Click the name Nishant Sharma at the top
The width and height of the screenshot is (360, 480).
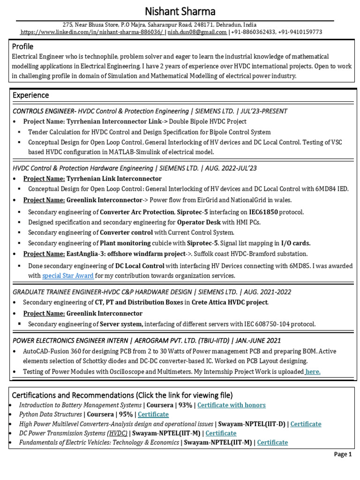(x=180, y=11)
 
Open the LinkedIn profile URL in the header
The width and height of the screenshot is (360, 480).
(x=91, y=32)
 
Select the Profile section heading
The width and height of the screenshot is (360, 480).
(x=22, y=46)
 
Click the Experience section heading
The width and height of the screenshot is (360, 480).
(x=30, y=95)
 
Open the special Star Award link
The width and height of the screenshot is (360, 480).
(x=68, y=276)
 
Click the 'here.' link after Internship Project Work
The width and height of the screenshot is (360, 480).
(x=313, y=372)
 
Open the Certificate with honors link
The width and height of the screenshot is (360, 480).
(x=231, y=405)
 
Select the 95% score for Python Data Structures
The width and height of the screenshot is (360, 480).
(x=126, y=414)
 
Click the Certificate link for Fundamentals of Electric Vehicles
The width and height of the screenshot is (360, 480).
(x=272, y=442)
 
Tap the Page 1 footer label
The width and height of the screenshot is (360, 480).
(x=342, y=454)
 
